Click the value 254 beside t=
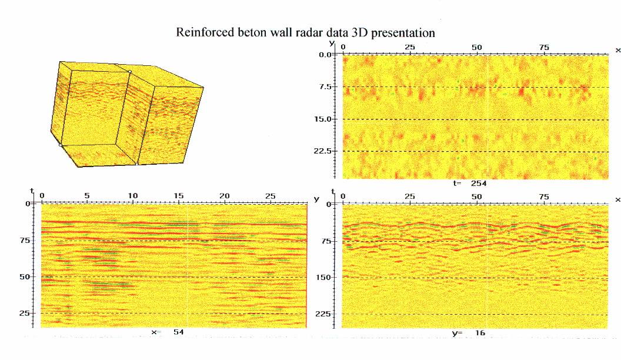(x=479, y=184)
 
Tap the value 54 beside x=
(x=178, y=333)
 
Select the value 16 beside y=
(x=480, y=334)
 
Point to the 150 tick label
(x=325, y=277)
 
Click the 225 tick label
(x=325, y=314)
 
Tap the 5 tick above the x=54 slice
(x=87, y=195)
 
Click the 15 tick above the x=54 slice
(x=178, y=195)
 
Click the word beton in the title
(x=246, y=33)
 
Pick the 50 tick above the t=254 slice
(x=476, y=47)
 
